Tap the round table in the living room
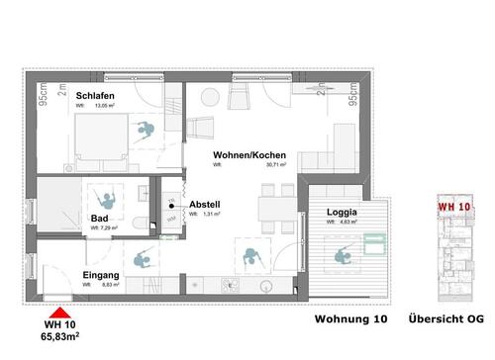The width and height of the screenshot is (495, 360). [208, 98]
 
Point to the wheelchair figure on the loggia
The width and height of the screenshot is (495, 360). [346, 256]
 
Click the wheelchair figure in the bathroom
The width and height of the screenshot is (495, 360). [102, 193]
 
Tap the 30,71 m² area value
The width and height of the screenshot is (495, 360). [272, 166]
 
